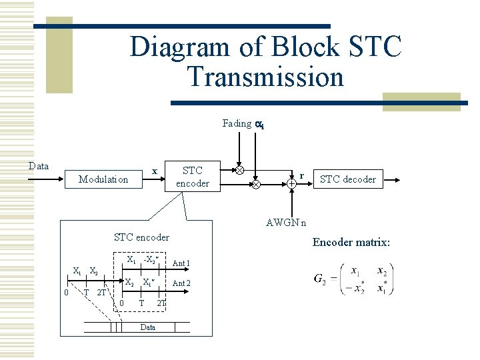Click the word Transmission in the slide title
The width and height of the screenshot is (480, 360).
[x=265, y=77]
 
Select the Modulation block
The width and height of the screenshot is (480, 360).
[x=103, y=179]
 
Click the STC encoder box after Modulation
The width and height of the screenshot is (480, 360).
[x=192, y=177]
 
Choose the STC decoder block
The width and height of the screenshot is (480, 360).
[x=347, y=179]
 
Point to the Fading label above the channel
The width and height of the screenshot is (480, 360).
[x=237, y=123]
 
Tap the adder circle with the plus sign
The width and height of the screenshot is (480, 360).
[x=292, y=183]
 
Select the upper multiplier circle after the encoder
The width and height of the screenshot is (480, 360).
[x=239, y=170]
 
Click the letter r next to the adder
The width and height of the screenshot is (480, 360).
[x=302, y=175]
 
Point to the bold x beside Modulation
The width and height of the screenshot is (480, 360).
[x=154, y=171]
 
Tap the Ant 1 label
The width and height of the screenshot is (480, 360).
[x=181, y=263]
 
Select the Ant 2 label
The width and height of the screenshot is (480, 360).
[x=181, y=283]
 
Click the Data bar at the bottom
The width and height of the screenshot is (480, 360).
[x=148, y=327]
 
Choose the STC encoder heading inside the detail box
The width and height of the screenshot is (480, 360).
[x=141, y=237]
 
